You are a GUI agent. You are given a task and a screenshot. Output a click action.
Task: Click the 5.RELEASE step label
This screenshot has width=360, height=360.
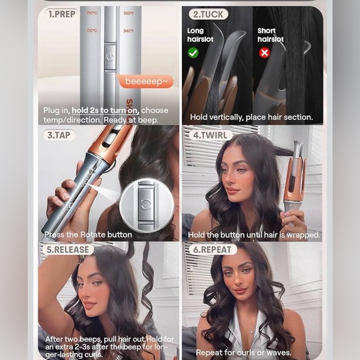click(67, 250)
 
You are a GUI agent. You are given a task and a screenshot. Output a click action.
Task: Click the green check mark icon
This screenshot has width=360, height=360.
click(193, 53)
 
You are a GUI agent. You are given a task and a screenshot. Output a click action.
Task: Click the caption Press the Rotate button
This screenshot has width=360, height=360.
click(88, 235)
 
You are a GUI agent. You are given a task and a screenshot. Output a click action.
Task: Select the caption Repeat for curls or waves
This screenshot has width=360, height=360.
click(243, 353)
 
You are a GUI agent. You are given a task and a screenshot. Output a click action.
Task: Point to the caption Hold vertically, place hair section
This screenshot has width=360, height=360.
click(251, 117)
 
